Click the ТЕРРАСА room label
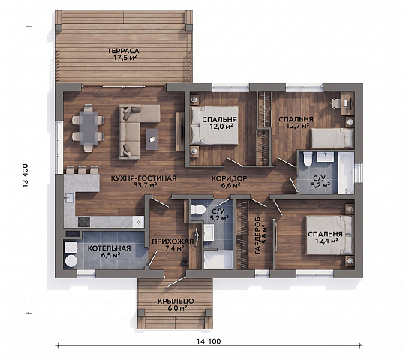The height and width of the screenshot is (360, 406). [x=123, y=51]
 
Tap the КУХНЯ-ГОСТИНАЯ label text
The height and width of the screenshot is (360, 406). [x=143, y=178]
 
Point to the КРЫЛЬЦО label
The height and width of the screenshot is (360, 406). [x=176, y=301]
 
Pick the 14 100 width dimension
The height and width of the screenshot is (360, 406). [x=209, y=341]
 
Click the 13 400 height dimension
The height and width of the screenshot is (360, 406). [x=25, y=176]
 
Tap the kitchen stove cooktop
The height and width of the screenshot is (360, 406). [x=84, y=222]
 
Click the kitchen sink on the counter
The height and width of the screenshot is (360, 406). [x=69, y=199]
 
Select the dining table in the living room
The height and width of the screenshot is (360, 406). [x=89, y=128]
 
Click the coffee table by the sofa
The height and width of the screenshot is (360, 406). [x=152, y=139]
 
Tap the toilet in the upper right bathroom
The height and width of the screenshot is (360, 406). [x=308, y=159]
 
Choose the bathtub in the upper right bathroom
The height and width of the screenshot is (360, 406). [x=346, y=172]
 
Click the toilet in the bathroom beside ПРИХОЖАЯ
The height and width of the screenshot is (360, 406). [x=197, y=209]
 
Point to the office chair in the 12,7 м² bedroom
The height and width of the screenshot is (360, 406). [x=336, y=103]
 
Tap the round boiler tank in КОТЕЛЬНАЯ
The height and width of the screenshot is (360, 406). [x=71, y=261]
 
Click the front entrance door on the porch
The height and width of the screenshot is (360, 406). [x=176, y=281]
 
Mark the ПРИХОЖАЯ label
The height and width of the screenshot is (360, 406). [x=173, y=241]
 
